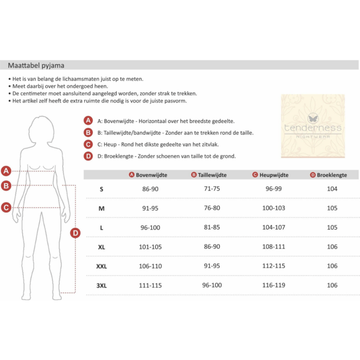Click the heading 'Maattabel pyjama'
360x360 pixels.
[x=36, y=66]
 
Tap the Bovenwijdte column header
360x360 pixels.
[x=151, y=175]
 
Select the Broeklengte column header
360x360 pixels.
[x=332, y=175]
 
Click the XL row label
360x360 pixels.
[x=102, y=247]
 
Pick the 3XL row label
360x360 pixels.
[x=102, y=286]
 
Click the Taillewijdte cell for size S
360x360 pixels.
[x=212, y=189]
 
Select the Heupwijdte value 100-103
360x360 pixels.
[x=274, y=208]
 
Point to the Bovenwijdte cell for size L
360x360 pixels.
[x=150, y=227]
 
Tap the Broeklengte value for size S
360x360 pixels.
[x=332, y=189]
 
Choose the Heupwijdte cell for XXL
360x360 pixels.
[x=274, y=266]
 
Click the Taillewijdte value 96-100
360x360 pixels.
[x=212, y=285]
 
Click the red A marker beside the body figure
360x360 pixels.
[x=6, y=171]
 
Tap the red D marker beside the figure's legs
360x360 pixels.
[x=75, y=233]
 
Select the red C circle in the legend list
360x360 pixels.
[x=88, y=144]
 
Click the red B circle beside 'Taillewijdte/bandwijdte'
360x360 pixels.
[x=88, y=133]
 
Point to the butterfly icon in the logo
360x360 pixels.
[x=313, y=118]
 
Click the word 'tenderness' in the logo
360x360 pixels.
[x=313, y=128]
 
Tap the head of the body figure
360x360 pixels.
[x=41, y=130]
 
